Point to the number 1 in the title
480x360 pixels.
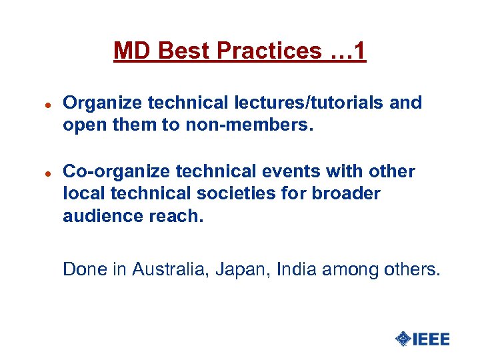tap(359, 51)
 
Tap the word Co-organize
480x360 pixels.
tap(102, 172)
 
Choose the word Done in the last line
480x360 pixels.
tap(79, 269)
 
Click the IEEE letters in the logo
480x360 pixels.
tap(431, 339)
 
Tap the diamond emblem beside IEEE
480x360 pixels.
tap(403, 339)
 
